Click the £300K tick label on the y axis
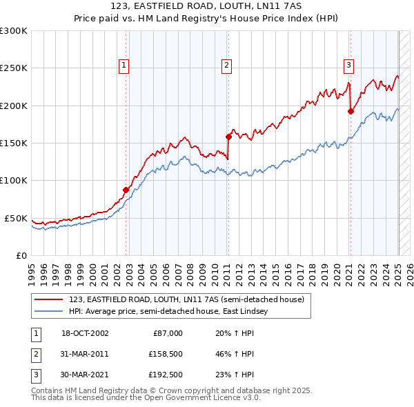tap(14, 31)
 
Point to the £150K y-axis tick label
tap(14, 143)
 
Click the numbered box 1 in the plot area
tap(124, 66)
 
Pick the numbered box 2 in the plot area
tap(226, 66)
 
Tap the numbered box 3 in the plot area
tap(348, 66)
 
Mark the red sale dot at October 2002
tap(126, 190)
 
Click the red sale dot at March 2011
tap(228, 137)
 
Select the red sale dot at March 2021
tap(351, 111)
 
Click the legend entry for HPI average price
tap(168, 312)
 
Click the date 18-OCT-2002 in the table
tap(85, 333)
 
